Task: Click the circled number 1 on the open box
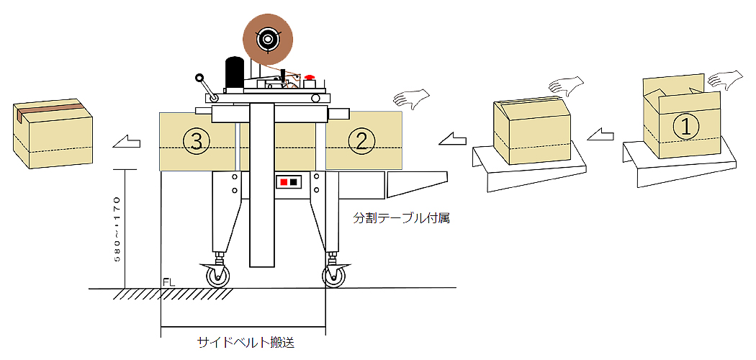coord(685,127)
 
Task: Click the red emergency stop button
coord(310,77)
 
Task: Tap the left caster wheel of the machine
coord(217,276)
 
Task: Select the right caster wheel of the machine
coord(333,276)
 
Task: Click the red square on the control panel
coord(284,182)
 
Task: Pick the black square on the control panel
coord(294,182)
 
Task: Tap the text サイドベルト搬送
coord(246,343)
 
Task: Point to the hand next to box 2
coord(412,99)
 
